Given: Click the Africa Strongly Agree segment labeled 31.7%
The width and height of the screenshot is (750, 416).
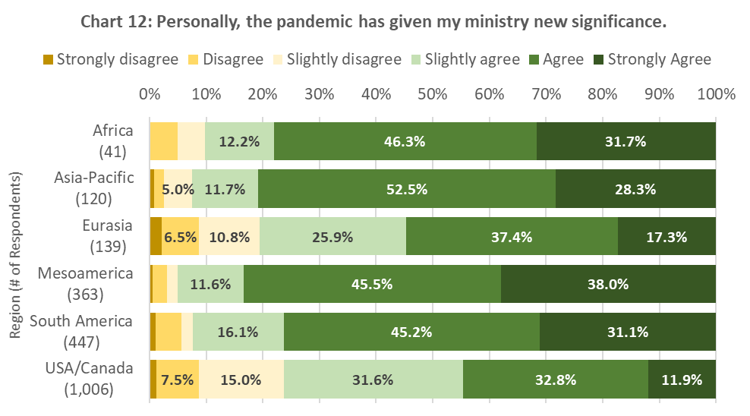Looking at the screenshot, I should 626,141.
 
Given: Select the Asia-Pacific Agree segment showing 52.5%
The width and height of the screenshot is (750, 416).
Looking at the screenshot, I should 407,189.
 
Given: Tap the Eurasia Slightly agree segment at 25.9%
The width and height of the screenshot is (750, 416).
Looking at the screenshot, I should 333,236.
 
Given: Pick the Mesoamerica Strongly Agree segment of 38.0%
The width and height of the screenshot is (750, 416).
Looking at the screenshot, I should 608,284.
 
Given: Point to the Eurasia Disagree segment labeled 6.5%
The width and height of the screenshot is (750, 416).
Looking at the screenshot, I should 180,236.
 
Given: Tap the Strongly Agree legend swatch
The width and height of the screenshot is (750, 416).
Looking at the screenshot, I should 598,59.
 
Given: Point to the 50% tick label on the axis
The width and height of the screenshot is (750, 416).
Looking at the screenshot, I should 432,95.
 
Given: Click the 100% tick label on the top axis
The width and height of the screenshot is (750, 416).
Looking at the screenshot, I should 715,95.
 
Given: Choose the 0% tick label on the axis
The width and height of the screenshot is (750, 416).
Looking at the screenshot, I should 150,95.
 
